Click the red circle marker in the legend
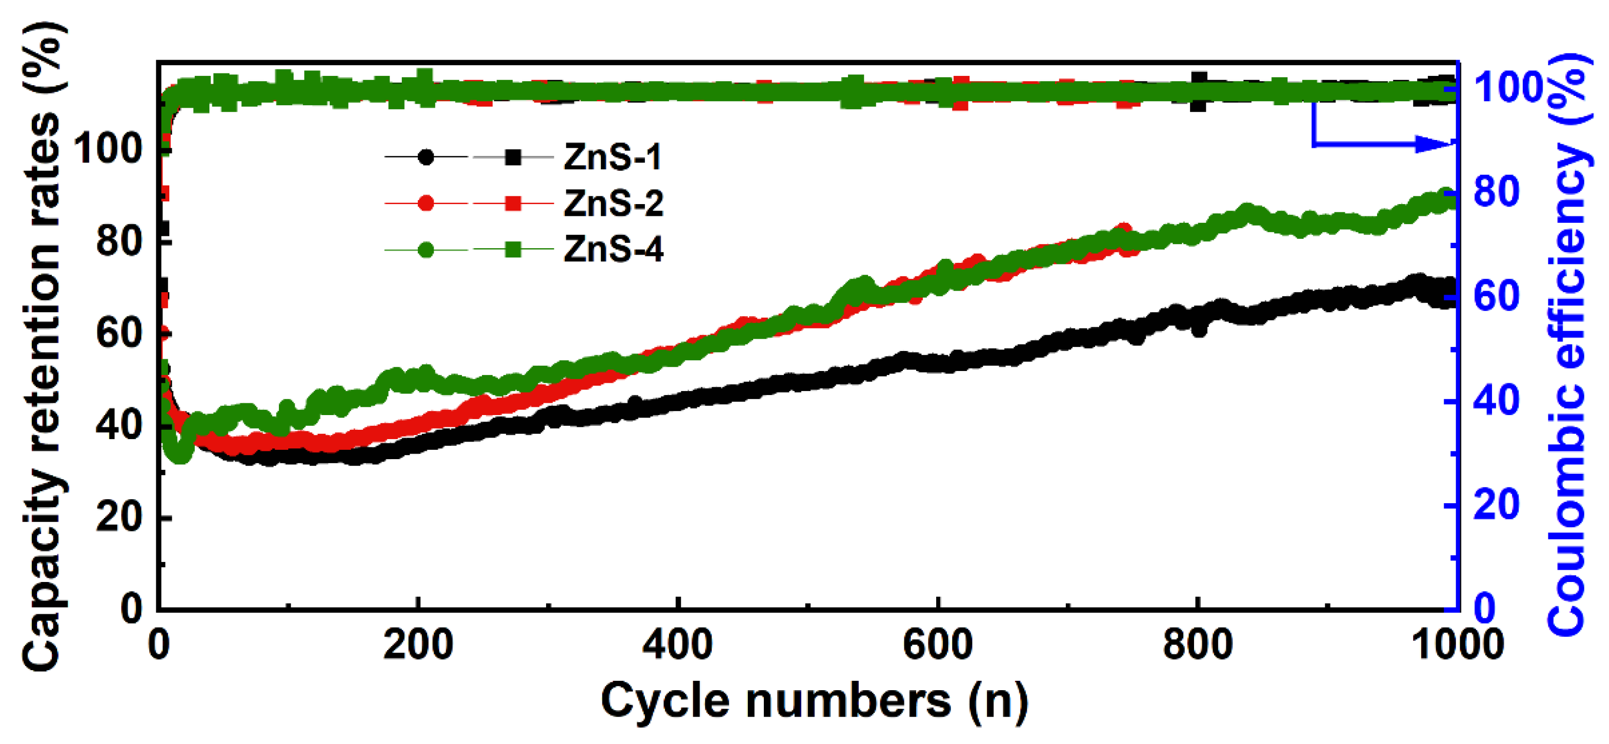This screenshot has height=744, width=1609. (426, 204)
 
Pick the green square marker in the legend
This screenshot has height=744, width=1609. (513, 250)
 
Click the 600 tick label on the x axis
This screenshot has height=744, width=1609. (938, 645)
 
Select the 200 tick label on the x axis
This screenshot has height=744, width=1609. (417, 645)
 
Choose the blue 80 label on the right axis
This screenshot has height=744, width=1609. (1496, 192)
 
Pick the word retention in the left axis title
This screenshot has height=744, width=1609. (44, 294)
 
